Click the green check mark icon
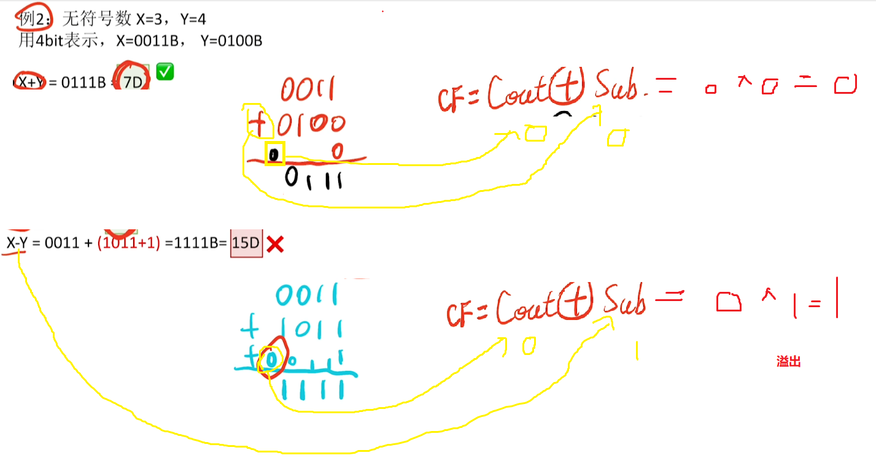165,71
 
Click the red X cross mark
275,245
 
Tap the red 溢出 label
788,362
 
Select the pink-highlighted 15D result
246,243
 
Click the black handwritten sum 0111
314,179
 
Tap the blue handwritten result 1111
312,388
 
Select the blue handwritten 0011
307,296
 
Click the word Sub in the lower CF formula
624,300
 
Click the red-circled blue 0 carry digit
271,357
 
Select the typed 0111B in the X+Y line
83,82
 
